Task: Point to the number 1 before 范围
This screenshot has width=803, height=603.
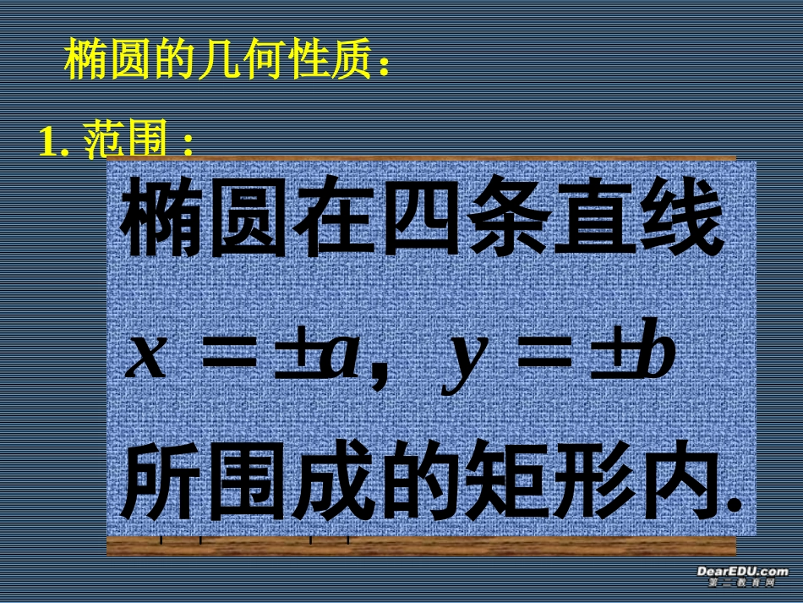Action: pyautogui.click(x=48, y=143)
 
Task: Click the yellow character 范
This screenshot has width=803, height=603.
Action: pyautogui.click(x=105, y=143)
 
